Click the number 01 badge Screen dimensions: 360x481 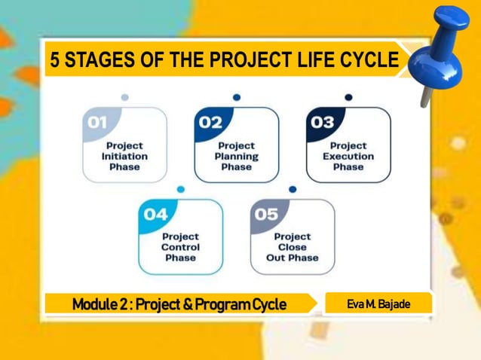pyautogui.click(x=99, y=123)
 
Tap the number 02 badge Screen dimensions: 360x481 pyautogui.click(x=210, y=123)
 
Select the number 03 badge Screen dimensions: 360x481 pyautogui.click(x=322, y=123)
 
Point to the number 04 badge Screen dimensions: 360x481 pyautogui.click(x=155, y=215)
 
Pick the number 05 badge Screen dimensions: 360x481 pyautogui.click(x=266, y=215)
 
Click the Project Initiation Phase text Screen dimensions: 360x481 pyautogui.click(x=124, y=156)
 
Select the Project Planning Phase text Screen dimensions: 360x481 pyautogui.click(x=237, y=156)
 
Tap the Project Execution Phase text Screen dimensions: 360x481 pyautogui.click(x=348, y=156)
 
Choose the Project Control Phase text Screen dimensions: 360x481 pyautogui.click(x=181, y=247)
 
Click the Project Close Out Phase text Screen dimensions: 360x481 pyautogui.click(x=293, y=247)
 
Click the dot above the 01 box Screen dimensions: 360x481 pyautogui.click(x=124, y=97)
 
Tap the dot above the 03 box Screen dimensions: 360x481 pyautogui.click(x=348, y=97)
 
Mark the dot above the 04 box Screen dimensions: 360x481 pyautogui.click(x=181, y=189)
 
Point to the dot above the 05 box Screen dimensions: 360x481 pyautogui.click(x=293, y=189)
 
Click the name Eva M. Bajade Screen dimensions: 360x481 pyautogui.click(x=378, y=304)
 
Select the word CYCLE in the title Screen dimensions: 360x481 pyautogui.click(x=366, y=62)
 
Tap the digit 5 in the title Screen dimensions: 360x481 pyautogui.click(x=55, y=62)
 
